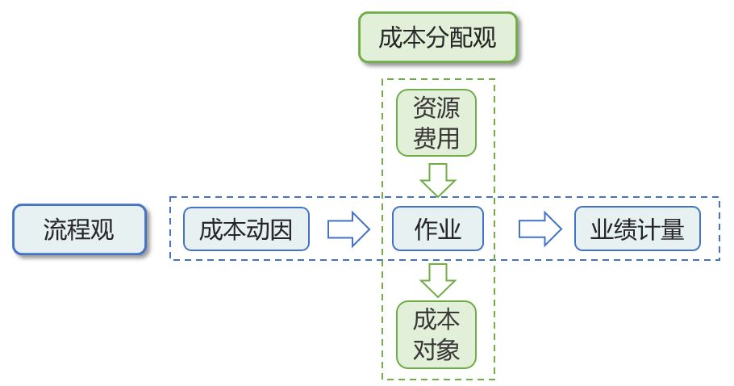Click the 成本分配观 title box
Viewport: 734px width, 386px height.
pos(437,38)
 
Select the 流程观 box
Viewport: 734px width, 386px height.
pos(79,229)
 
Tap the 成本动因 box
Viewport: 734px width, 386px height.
pos(246,229)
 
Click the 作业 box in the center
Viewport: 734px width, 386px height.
pos(437,229)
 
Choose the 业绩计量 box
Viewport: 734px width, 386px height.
pos(637,229)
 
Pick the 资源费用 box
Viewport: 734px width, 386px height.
pos(436,123)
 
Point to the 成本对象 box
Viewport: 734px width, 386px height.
pos(436,334)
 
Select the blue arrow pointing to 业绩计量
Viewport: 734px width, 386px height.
pos(540,229)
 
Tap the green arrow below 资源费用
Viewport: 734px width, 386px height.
pos(438,179)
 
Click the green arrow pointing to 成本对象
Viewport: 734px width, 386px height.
pos(438,280)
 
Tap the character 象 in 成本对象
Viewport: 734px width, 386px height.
pos(448,350)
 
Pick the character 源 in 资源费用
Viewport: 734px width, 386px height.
pos(448,108)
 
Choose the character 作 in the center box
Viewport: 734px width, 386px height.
pos(425,230)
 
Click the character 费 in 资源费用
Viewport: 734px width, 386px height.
pos(425,138)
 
